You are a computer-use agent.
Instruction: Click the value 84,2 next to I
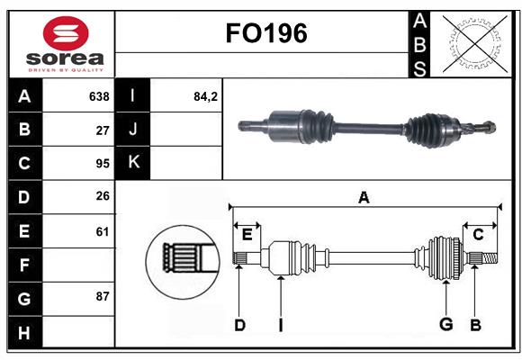pyautogui.click(x=206, y=96)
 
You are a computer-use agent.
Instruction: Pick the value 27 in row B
pyautogui.click(x=102, y=130)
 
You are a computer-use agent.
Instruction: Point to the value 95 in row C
pyautogui.click(x=102, y=164)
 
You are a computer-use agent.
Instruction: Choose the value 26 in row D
pyautogui.click(x=102, y=197)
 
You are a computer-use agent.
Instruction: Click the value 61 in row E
pyautogui.click(x=102, y=231)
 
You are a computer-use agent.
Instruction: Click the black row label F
pyautogui.click(x=24, y=265)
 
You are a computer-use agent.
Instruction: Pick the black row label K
pyautogui.click(x=133, y=163)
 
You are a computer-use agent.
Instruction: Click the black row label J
pyautogui.click(x=133, y=130)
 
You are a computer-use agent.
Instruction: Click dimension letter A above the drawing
pyautogui.click(x=364, y=198)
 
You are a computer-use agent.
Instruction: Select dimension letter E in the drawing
pyautogui.click(x=247, y=235)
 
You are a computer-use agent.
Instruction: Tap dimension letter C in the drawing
pyautogui.click(x=479, y=235)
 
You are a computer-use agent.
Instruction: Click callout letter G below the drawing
pyautogui.click(x=445, y=324)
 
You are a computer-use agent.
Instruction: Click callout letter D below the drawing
pyautogui.click(x=239, y=324)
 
